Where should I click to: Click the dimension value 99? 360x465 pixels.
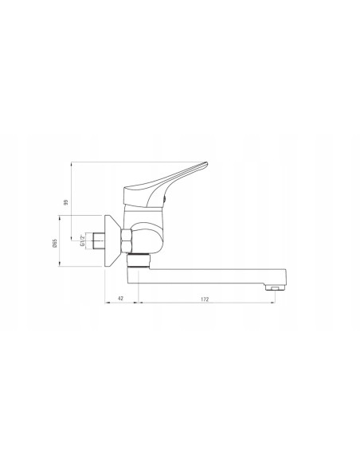[x=66, y=202]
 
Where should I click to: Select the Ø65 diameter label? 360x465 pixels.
[x=55, y=243]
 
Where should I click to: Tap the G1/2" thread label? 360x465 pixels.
[x=82, y=240]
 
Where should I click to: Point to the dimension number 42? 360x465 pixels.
[x=121, y=299]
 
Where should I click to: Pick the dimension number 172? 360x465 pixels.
[x=205, y=299]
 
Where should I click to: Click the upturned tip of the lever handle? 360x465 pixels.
[x=205, y=164]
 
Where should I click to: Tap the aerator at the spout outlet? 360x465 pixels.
[x=276, y=287]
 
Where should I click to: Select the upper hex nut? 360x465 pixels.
[x=127, y=234]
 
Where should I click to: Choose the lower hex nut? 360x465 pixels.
[x=127, y=246]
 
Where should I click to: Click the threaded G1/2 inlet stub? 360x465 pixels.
[x=99, y=240]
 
